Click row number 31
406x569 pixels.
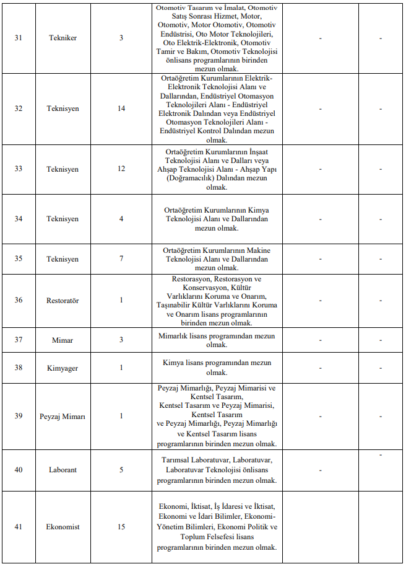[19, 38]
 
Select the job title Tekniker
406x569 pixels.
[63, 38]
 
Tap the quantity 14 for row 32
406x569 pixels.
[121, 109]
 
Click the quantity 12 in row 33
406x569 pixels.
[121, 169]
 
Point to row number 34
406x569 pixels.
[19, 219]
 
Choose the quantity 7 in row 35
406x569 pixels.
[121, 259]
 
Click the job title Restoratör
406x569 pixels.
[63, 301]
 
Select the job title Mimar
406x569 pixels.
[63, 340]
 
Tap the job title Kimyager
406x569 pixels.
[63, 368]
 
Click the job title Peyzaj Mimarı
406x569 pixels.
[63, 417]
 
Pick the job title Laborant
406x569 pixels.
[63, 470]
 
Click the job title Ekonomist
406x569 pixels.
[63, 527]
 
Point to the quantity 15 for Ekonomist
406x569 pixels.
[121, 527]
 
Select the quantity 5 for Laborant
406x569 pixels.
[121, 470]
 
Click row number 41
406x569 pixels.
[19, 527]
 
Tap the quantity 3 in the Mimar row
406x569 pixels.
[121, 340]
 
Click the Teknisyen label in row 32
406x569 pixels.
[63, 109]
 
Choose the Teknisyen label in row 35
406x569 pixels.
[63, 259]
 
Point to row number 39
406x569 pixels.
[19, 417]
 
